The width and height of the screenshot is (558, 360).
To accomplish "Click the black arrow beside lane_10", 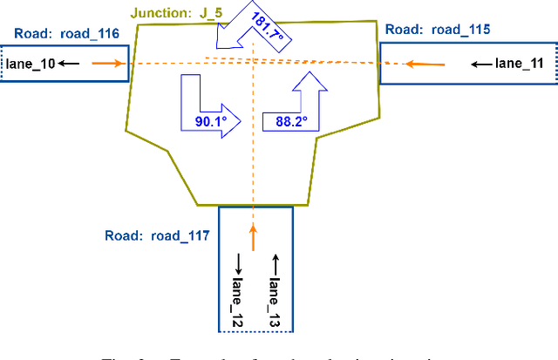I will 70,64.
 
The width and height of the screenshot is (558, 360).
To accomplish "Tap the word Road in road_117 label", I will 121,235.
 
